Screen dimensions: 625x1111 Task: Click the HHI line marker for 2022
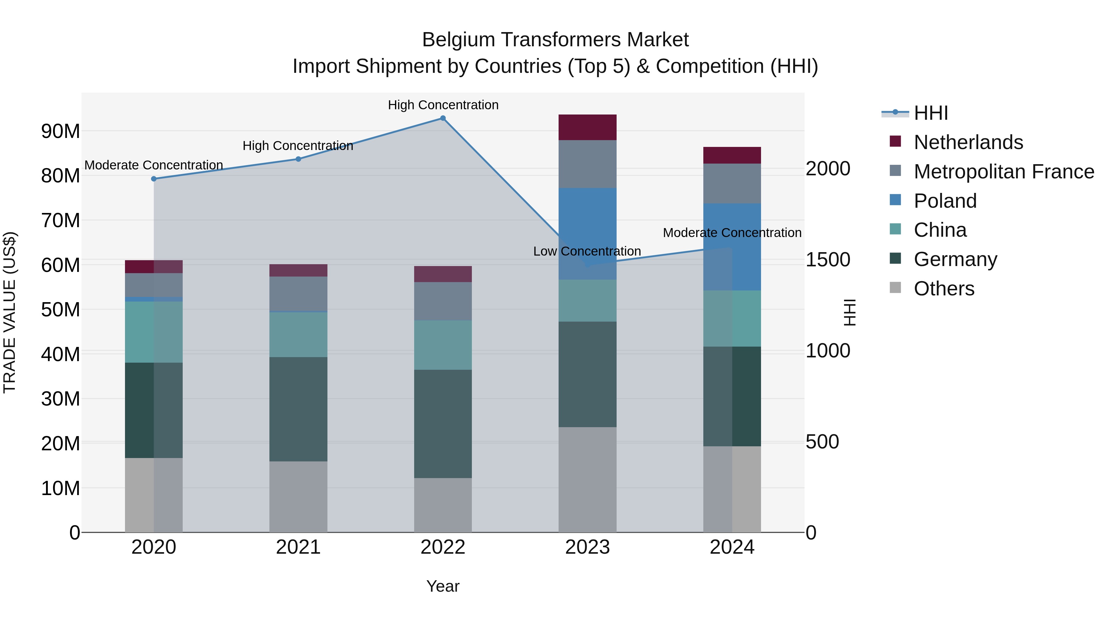pyautogui.click(x=443, y=118)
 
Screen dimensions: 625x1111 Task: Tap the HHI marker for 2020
pyautogui.click(x=154, y=179)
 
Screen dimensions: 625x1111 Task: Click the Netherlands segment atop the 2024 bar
pyautogui.click(x=732, y=155)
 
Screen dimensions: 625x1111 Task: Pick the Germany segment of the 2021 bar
pyautogui.click(x=298, y=409)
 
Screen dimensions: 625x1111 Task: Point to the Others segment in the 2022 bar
pyautogui.click(x=443, y=505)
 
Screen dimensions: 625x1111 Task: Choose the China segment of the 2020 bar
pyautogui.click(x=154, y=332)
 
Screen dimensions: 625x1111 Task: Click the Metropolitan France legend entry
pyautogui.click(x=1004, y=172)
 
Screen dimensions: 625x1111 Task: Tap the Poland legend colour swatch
pyautogui.click(x=895, y=200)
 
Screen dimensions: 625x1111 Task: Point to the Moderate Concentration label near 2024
pyautogui.click(x=732, y=233)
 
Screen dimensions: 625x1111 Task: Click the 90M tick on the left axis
pyautogui.click(x=60, y=131)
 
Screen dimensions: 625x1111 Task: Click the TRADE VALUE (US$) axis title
pyautogui.click(x=10, y=312)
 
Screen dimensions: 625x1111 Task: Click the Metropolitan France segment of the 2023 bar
pyautogui.click(x=587, y=164)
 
